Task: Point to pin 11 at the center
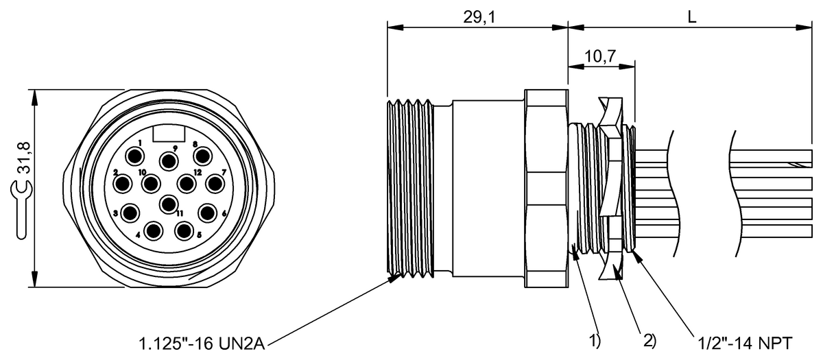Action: tap(169, 204)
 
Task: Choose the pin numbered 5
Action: tap(183, 230)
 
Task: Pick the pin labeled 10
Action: tap(152, 183)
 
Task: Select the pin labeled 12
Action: tap(188, 183)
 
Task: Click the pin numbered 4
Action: tap(155, 231)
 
